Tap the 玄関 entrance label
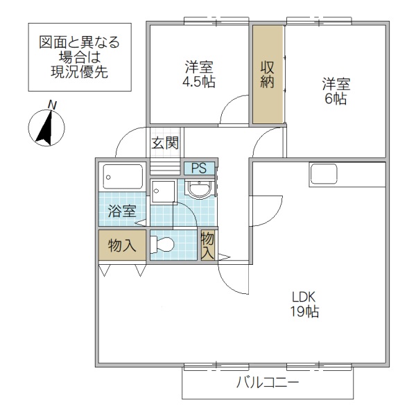166,144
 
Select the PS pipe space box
199,168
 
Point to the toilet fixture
164,245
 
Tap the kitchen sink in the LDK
324,174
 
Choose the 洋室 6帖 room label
335,91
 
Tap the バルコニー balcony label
267,382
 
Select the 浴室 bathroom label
121,211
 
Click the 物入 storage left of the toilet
122,245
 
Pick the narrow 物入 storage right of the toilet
207,245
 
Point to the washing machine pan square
164,191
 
